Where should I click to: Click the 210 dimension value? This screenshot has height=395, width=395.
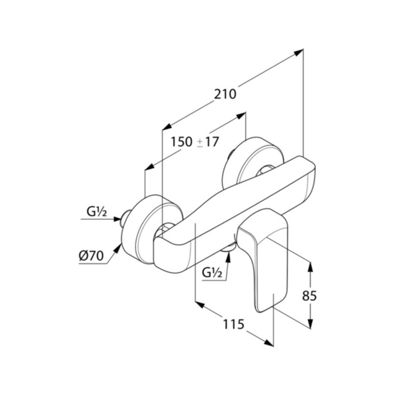(x=225, y=94)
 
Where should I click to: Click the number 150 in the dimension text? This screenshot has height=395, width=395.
(x=182, y=142)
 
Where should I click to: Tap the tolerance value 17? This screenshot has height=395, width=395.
(x=212, y=142)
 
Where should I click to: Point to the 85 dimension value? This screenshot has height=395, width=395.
(x=309, y=296)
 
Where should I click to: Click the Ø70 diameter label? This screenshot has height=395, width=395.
(x=91, y=256)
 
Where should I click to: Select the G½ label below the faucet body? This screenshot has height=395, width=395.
(x=212, y=273)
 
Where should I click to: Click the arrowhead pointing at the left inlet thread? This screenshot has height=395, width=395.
(x=117, y=219)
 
